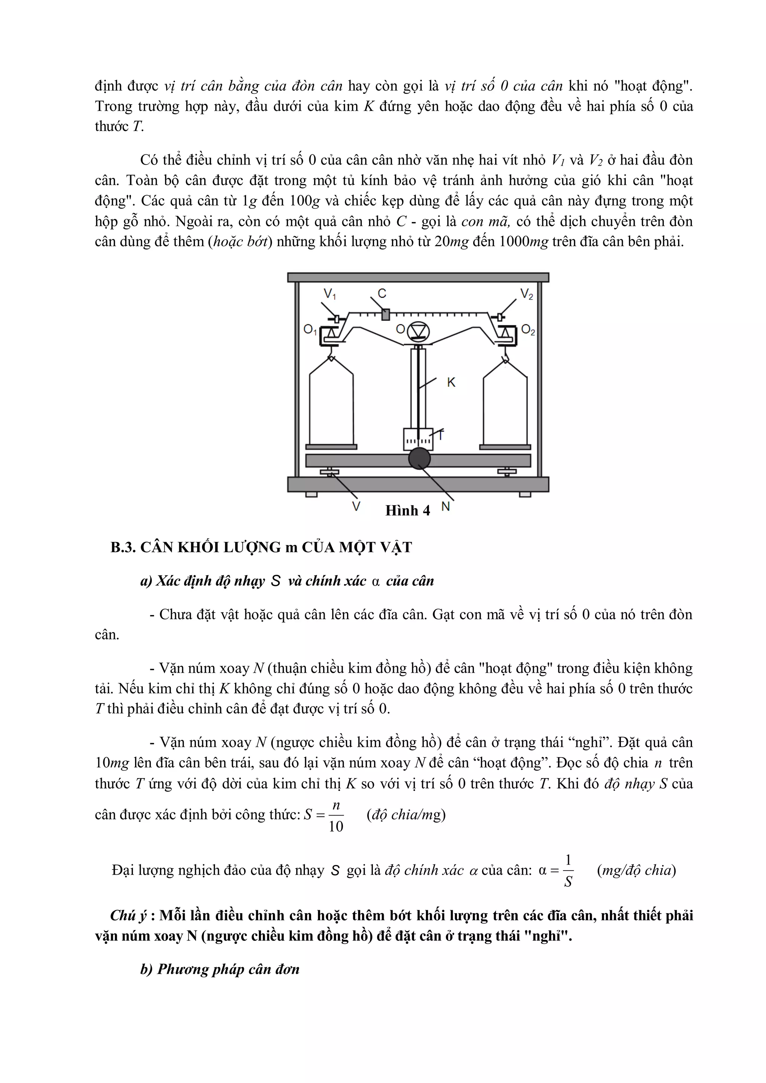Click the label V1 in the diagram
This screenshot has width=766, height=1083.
click(329, 294)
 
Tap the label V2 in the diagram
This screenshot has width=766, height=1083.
click(526, 294)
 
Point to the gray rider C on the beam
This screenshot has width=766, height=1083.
click(385, 314)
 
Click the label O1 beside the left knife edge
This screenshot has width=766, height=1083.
click(310, 330)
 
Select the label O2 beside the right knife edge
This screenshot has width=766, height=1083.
click(528, 330)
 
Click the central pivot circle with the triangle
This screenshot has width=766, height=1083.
click(417, 332)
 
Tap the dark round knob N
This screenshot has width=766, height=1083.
click(419, 458)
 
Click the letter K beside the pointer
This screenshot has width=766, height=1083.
click(451, 383)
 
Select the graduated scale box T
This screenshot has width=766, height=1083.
click(418, 439)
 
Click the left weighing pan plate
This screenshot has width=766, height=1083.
click(331, 446)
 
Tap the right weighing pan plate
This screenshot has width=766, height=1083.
click(506, 446)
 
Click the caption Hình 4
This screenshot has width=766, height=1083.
click(408, 510)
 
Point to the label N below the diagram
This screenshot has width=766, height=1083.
click(445, 507)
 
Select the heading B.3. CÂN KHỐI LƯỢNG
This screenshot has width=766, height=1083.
click(261, 547)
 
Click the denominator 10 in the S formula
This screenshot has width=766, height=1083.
click(336, 826)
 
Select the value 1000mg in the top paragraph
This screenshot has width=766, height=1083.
click(524, 242)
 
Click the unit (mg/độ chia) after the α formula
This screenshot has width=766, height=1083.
click(636, 870)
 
